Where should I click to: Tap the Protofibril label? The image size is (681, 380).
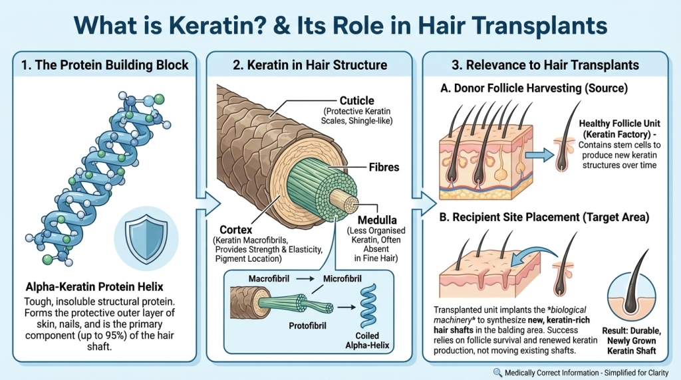coord(311,326)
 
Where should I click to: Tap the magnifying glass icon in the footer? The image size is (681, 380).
coord(498,373)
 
